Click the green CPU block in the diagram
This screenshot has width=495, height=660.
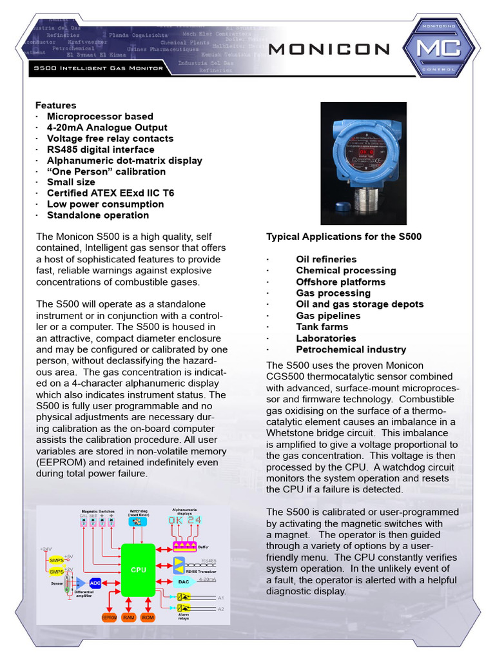139,570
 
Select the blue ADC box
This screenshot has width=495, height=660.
95,583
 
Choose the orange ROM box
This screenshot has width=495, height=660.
148,617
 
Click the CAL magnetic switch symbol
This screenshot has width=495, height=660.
83,522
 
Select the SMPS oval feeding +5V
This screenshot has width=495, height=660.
57,560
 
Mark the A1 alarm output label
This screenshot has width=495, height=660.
220,597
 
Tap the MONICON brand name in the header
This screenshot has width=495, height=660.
329,49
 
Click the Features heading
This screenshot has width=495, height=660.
55,105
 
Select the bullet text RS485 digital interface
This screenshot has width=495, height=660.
100,150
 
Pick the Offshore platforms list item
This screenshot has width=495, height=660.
340,282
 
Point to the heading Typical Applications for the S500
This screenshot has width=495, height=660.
344,237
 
